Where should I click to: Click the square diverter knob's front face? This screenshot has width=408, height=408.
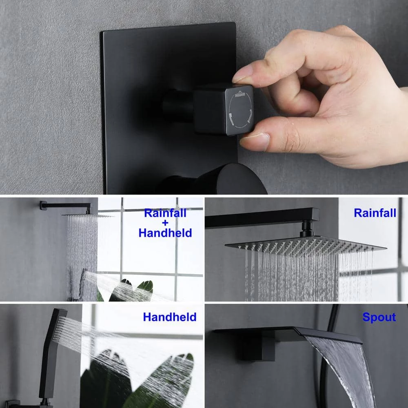point(239,110)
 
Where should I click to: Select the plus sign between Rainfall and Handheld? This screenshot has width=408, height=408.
point(165,223)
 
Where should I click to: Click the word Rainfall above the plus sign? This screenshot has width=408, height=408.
point(165,213)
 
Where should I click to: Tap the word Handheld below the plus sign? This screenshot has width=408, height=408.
point(165,233)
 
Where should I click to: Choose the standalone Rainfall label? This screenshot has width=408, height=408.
point(375,213)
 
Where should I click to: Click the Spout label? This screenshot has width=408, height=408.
point(379,317)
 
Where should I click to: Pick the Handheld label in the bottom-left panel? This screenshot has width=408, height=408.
point(169,317)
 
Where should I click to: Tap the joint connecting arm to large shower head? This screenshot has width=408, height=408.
point(307,228)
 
